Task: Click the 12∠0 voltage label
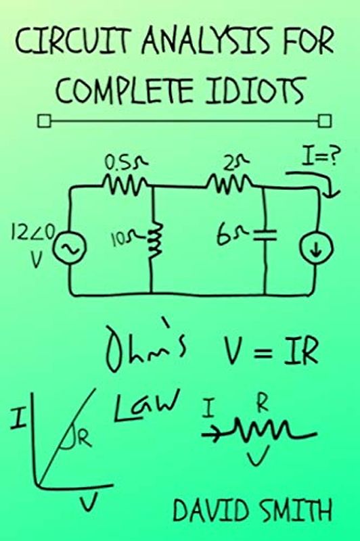(26, 242)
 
